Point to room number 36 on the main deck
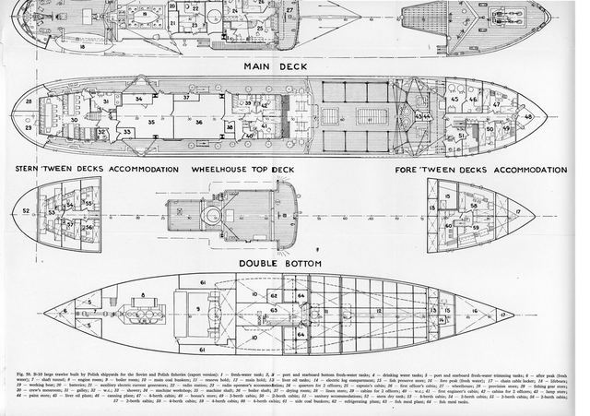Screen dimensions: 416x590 click(x=199, y=121)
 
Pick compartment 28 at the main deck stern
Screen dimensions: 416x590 click(x=29, y=100)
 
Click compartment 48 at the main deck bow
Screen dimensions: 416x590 click(x=529, y=117)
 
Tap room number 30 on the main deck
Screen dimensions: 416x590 click(x=73, y=121)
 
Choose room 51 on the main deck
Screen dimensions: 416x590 click(x=462, y=137)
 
